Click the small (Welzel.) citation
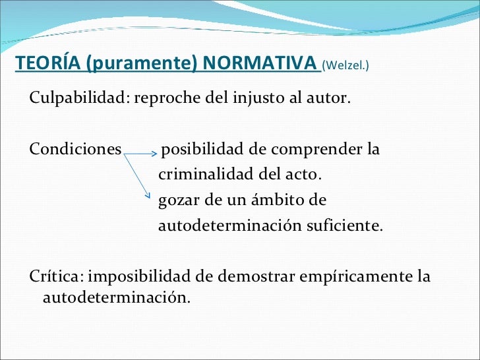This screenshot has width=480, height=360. click(345, 65)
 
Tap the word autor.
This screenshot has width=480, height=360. click(330, 100)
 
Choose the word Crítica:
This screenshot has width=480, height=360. click(57, 276)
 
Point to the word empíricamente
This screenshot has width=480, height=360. click(356, 276)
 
